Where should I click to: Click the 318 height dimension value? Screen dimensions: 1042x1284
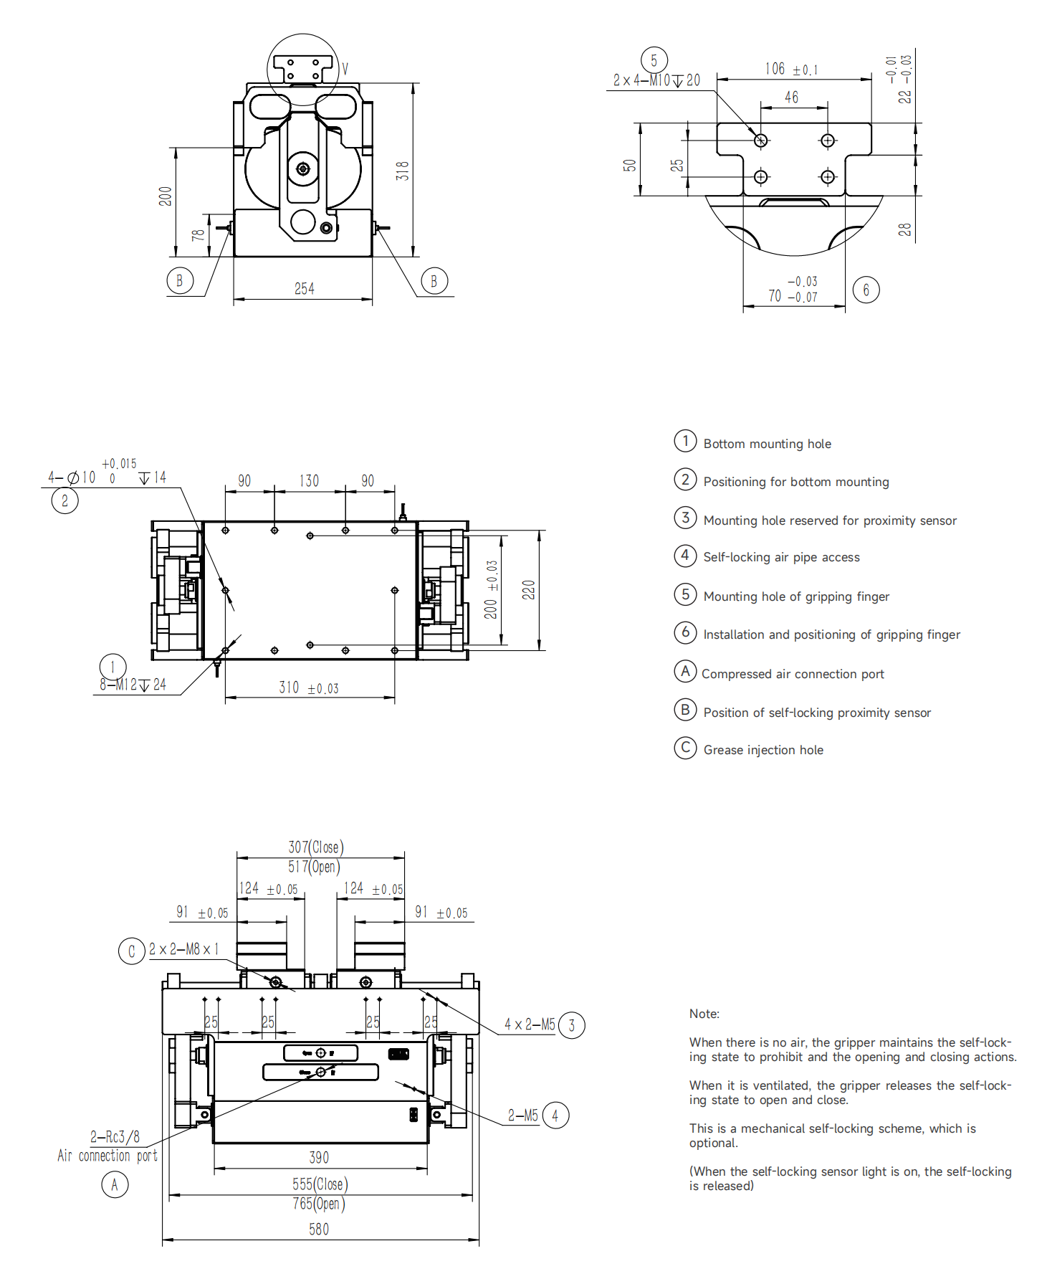(x=403, y=171)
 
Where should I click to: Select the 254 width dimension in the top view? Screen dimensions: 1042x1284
(x=305, y=288)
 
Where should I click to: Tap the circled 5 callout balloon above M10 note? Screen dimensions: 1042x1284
(x=654, y=60)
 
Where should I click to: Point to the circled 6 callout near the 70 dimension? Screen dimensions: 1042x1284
(x=866, y=290)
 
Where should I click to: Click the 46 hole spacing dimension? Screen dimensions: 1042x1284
(x=791, y=97)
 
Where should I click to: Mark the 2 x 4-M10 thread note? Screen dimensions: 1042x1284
(x=656, y=80)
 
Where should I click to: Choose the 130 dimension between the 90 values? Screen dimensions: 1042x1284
(x=309, y=480)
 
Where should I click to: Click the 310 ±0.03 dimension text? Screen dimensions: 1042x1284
(x=309, y=688)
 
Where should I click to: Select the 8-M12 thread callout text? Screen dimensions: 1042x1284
(x=133, y=685)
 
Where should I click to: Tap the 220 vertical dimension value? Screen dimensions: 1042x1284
(x=529, y=589)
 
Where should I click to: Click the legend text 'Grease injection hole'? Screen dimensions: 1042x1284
(x=763, y=750)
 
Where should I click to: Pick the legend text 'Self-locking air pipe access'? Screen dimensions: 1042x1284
(x=781, y=557)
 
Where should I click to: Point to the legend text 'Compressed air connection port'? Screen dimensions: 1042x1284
(x=793, y=674)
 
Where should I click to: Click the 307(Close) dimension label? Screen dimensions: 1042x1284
(x=316, y=847)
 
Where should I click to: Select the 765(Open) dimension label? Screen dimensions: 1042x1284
(x=319, y=1203)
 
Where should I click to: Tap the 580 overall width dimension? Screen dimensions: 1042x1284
(x=319, y=1229)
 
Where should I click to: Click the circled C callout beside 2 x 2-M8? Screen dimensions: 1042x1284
(x=132, y=951)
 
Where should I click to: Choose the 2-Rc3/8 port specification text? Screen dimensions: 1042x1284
(x=115, y=1136)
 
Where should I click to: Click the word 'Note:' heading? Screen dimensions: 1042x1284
(x=704, y=1014)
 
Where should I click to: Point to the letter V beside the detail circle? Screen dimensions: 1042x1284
(x=345, y=69)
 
